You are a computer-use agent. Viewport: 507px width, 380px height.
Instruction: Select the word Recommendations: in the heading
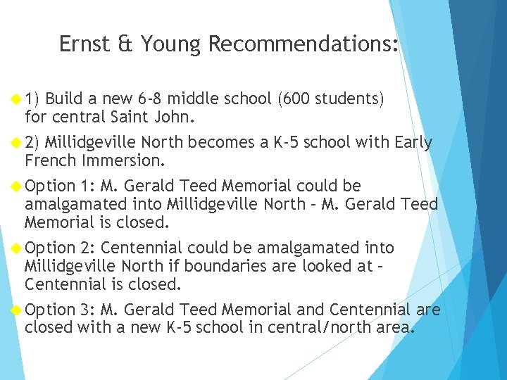point(303,44)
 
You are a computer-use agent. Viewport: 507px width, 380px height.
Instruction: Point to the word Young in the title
point(170,44)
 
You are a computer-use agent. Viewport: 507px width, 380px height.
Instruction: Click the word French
point(51,160)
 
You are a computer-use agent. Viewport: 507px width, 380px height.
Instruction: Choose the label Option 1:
point(60,186)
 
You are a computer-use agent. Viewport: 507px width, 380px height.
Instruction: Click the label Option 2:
point(60,248)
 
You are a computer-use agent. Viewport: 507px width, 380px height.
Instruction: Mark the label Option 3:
point(60,310)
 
